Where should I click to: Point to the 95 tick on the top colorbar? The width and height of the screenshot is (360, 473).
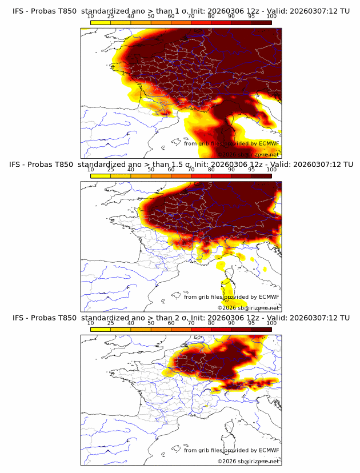click(x=251, y=17)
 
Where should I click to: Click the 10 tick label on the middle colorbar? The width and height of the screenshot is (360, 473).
click(x=90, y=170)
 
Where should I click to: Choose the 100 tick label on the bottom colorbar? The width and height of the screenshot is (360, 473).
click(x=271, y=323)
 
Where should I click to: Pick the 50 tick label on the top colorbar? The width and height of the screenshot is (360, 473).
click(x=151, y=17)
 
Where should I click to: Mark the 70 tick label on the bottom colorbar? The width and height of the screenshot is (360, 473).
click(x=191, y=323)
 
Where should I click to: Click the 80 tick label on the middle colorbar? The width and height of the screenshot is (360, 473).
click(x=211, y=170)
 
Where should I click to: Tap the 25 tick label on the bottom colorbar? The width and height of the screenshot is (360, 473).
click(x=111, y=323)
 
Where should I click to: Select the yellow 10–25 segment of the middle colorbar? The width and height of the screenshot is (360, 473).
click(x=101, y=176)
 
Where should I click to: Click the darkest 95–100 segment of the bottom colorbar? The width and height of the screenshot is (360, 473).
click(x=261, y=329)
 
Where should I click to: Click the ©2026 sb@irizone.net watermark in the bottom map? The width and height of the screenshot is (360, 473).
click(x=248, y=460)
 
